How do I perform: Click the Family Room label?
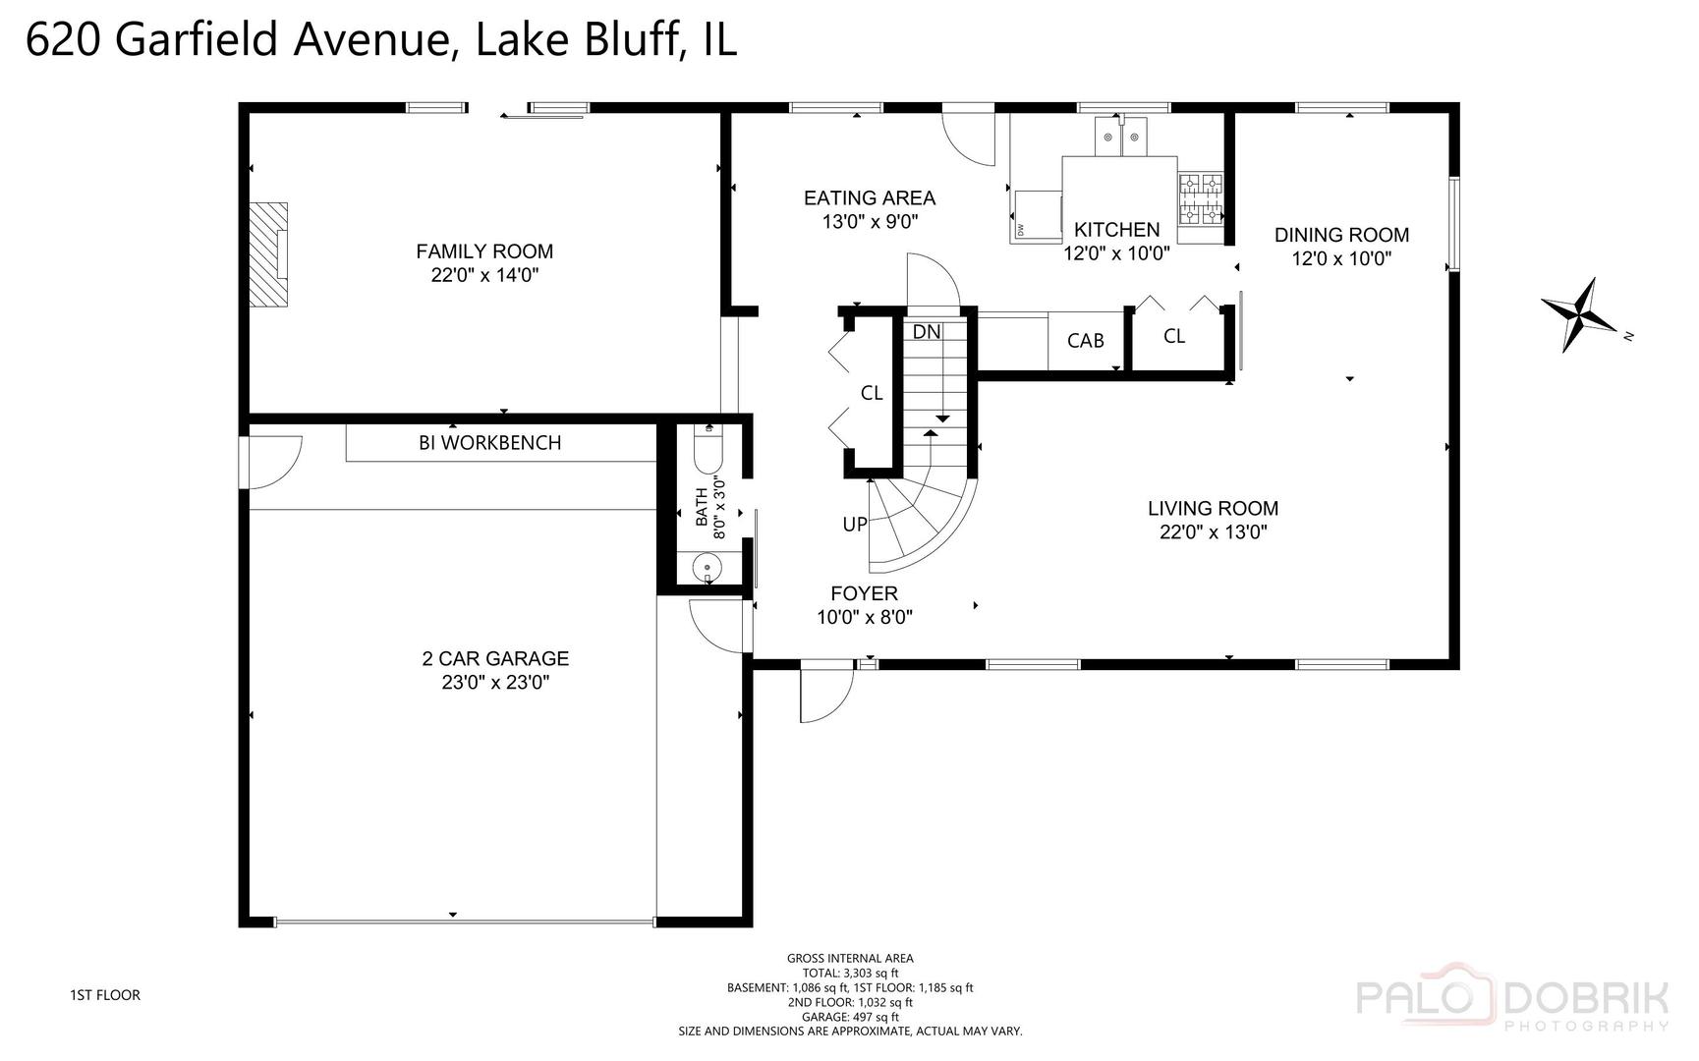484,251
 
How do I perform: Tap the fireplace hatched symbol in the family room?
266,255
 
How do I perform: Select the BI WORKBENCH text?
489,443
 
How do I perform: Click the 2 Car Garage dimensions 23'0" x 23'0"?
495,683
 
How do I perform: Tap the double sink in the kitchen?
1122,137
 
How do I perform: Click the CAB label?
1085,341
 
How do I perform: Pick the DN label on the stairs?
926,332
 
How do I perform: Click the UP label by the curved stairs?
854,525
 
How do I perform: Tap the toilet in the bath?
708,451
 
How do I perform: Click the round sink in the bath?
707,567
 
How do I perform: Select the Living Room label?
1213,509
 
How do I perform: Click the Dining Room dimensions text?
1341,259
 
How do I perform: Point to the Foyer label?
864,593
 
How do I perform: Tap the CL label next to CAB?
1173,336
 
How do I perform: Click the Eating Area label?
869,198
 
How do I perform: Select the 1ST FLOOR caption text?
104,995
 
